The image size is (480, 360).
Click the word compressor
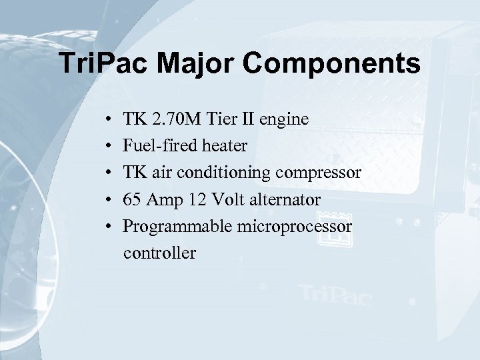323,174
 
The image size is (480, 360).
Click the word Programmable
176,227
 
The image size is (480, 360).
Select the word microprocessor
295,227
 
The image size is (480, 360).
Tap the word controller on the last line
159,253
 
